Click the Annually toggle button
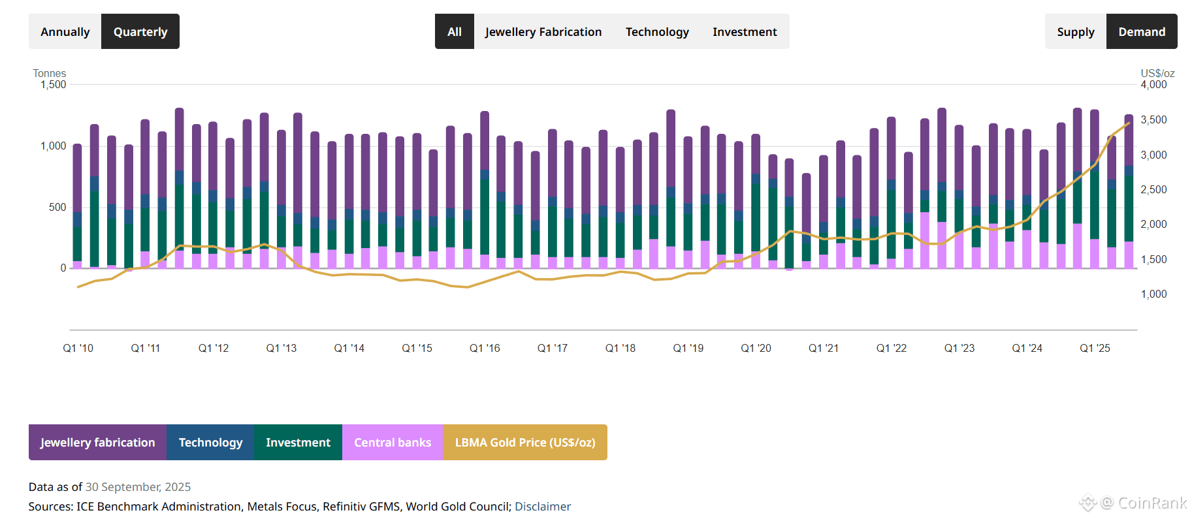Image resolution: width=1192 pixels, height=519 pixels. click(x=65, y=31)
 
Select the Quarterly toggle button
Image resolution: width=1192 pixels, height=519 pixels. click(x=140, y=31)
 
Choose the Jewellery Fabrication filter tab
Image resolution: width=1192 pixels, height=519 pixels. click(x=543, y=31)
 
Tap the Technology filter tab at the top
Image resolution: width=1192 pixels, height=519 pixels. click(x=656, y=31)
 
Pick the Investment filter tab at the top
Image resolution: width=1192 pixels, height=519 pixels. click(x=745, y=31)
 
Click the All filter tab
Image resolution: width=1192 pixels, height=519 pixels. click(x=455, y=31)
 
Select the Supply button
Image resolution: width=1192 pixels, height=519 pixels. click(x=1075, y=31)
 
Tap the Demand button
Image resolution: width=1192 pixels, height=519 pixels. click(x=1141, y=31)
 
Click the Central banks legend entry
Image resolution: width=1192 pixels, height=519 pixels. click(x=393, y=442)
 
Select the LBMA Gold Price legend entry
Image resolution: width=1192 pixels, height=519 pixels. click(x=524, y=442)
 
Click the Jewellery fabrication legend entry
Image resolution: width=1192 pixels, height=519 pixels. click(x=98, y=442)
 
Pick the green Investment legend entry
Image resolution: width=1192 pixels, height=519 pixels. click(x=298, y=442)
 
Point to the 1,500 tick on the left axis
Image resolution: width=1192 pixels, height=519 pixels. click(x=54, y=84)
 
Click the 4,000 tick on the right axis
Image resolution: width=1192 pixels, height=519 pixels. click(x=1153, y=84)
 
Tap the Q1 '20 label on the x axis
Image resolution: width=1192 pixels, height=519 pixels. click(x=756, y=348)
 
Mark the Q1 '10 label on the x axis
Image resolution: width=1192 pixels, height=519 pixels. click(x=78, y=348)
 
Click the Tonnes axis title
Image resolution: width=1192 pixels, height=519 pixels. click(x=50, y=73)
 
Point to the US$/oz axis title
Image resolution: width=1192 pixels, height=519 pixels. click(x=1157, y=73)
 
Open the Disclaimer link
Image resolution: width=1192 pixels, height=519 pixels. click(x=543, y=506)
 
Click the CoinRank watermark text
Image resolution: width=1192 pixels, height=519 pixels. click(x=1152, y=503)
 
